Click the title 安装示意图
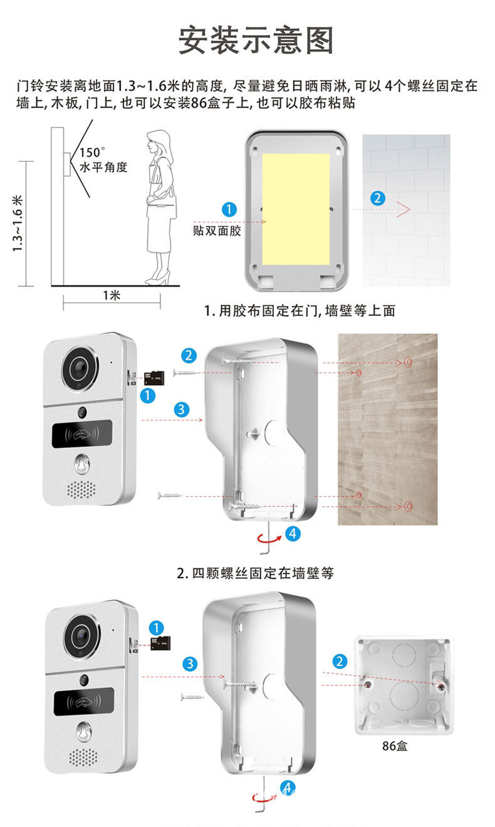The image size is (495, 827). [x=256, y=40]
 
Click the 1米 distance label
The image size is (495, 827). [x=112, y=295]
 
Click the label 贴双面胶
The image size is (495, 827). [x=217, y=231]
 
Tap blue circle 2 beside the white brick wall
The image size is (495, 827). [x=377, y=198]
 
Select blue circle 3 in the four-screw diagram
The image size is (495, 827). [x=181, y=410]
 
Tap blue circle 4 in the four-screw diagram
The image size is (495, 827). [x=293, y=534]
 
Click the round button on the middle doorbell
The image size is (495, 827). [x=81, y=465]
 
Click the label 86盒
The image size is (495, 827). [x=395, y=746]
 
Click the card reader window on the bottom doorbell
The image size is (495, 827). [x=83, y=702]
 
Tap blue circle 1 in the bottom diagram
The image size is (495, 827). [x=157, y=627]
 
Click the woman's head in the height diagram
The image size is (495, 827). [x=157, y=141]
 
